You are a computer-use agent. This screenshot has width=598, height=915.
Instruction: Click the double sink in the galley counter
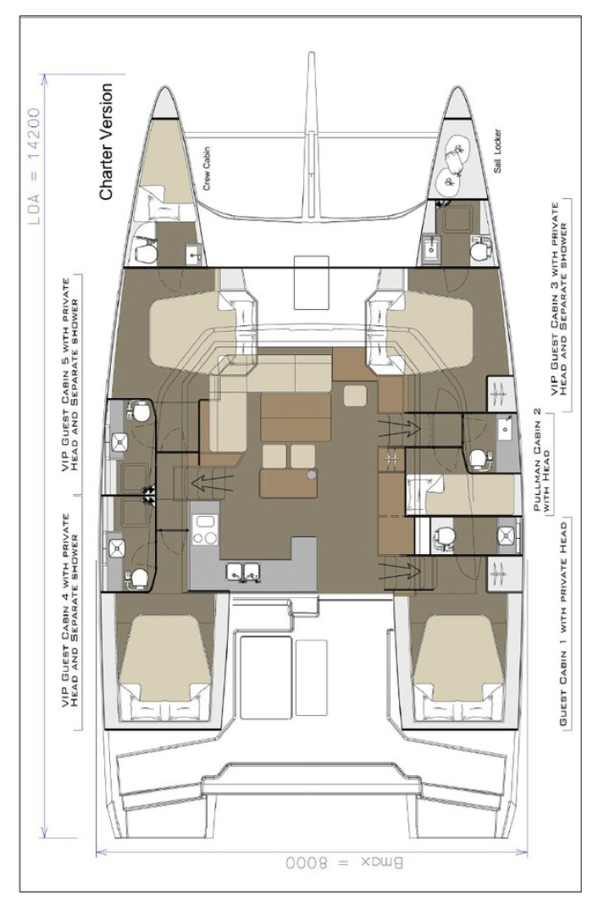pyautogui.click(x=243, y=572)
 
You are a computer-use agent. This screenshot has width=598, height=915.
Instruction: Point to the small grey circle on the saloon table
pyautogui.click(x=312, y=477)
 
